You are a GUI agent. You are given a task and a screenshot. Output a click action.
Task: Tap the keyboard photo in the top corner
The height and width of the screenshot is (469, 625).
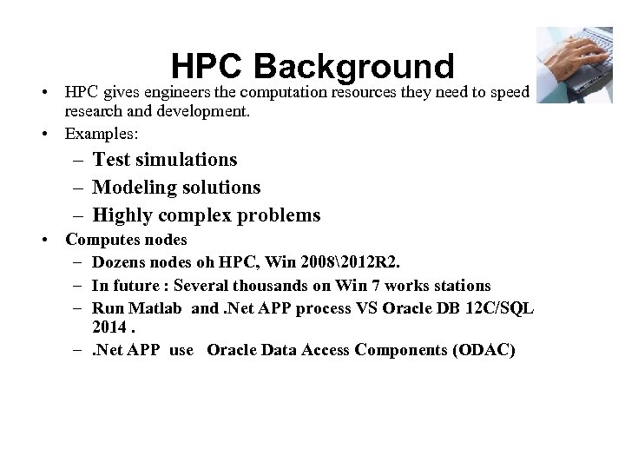[x=574, y=64]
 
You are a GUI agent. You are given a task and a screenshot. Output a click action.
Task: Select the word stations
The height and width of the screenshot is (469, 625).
[x=459, y=285]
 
